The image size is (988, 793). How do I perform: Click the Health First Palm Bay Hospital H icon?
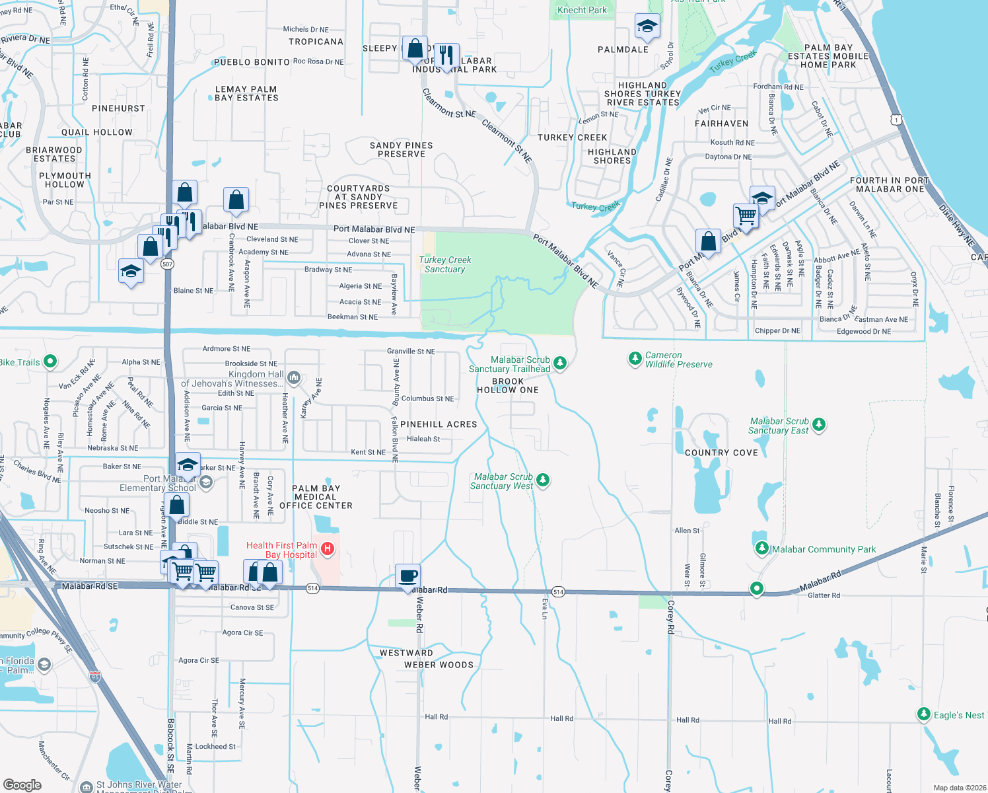pyautogui.click(x=327, y=548)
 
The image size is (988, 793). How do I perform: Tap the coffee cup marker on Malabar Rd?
pyautogui.click(x=407, y=576)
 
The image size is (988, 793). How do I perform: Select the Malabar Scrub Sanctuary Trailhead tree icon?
pyautogui.click(x=560, y=362)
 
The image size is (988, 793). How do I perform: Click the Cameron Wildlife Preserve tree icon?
pyautogui.click(x=635, y=358)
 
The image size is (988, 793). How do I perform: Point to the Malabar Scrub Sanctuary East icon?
pyautogui.click(x=819, y=424)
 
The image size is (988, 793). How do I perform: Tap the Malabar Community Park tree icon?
pyautogui.click(x=762, y=548)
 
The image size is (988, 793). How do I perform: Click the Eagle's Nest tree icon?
pyautogui.click(x=924, y=714)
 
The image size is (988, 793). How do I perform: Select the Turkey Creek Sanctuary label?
pyautogui.click(x=445, y=264)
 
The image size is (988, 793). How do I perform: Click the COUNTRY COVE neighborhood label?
pyautogui.click(x=721, y=453)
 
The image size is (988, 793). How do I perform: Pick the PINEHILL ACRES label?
pyautogui.click(x=439, y=424)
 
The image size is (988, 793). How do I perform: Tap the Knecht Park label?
pyautogui.click(x=582, y=10)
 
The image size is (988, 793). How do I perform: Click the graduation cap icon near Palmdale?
pyautogui.click(x=647, y=26)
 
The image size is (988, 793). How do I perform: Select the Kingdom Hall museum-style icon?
pyautogui.click(x=294, y=378)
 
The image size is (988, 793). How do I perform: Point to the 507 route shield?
pyautogui.click(x=167, y=264)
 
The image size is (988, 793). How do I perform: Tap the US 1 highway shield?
pyautogui.click(x=896, y=120)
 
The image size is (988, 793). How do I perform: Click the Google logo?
pyautogui.click(x=22, y=784)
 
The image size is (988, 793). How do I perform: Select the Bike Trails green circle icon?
pyautogui.click(x=50, y=361)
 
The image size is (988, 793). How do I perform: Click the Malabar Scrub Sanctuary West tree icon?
pyautogui.click(x=543, y=480)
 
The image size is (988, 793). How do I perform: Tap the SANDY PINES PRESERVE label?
pyautogui.click(x=402, y=149)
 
